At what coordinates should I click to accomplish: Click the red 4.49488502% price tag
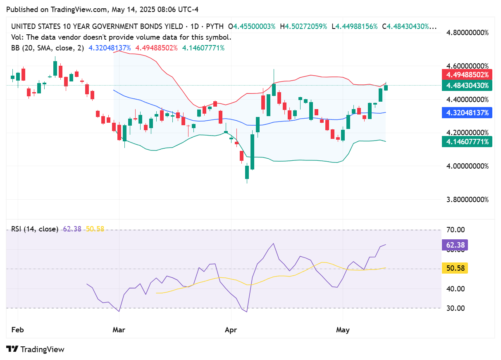467,75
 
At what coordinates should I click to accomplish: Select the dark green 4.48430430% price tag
467,86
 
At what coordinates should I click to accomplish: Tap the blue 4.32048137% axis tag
467,112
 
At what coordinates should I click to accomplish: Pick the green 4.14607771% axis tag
467,142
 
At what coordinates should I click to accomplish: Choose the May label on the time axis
343,329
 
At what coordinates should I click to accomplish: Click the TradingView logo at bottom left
36,349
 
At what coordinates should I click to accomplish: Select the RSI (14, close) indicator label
35,229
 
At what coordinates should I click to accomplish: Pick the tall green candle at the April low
252,151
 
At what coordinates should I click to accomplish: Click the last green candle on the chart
386,87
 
